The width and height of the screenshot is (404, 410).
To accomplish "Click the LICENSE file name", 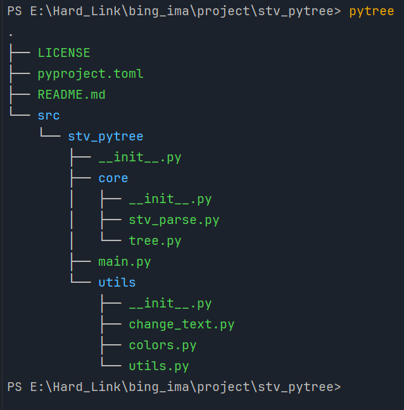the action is point(64,53).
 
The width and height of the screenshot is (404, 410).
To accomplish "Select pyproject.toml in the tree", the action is point(91,74).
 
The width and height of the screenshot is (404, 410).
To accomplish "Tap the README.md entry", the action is point(72,94).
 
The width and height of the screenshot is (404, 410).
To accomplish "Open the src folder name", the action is point(49,116).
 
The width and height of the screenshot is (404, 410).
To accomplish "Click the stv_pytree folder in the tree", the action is point(106,137).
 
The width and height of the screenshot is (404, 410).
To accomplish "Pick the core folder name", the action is point(113,178).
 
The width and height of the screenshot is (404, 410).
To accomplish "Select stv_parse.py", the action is point(174,220).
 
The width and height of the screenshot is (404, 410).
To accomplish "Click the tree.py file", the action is point(155,241).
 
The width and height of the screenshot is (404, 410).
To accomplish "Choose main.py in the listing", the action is point(125,262).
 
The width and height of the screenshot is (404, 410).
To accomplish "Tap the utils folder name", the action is point(117,282).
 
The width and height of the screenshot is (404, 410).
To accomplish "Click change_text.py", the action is point(182,325).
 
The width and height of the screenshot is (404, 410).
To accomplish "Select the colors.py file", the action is point(163,345).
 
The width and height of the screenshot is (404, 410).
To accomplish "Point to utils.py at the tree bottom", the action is point(159,366).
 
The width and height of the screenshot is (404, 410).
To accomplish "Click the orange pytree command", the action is point(372,11).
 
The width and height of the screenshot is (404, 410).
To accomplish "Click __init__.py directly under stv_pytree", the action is point(140,158).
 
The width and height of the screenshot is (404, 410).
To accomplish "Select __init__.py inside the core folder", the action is point(170,199).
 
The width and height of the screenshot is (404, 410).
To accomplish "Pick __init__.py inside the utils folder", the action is point(170,304).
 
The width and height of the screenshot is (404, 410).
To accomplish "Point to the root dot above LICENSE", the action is point(11,35).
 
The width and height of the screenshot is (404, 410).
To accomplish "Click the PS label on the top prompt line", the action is point(15,11).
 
